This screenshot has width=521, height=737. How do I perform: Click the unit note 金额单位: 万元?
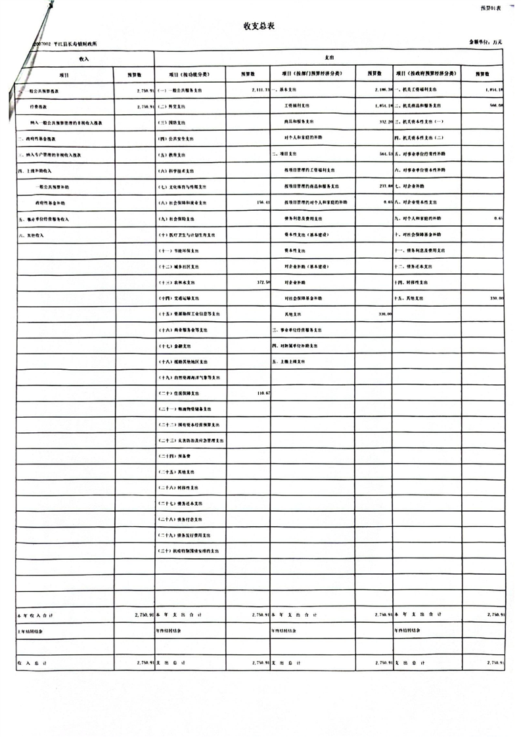(486, 42)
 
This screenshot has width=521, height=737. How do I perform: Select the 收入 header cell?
(84, 58)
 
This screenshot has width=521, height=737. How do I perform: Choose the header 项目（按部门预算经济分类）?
(313, 74)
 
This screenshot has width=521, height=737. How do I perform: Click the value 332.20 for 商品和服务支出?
(385, 122)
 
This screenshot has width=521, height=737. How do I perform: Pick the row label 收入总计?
(30, 663)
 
